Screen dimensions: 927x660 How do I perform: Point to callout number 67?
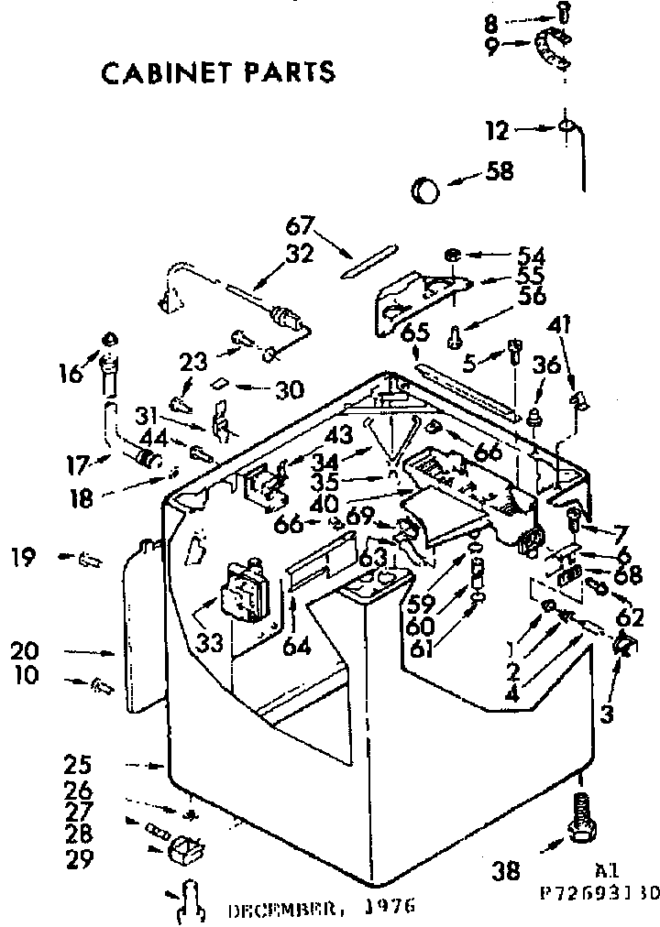(x=300, y=225)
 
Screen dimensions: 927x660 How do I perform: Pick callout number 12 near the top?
(x=497, y=132)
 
